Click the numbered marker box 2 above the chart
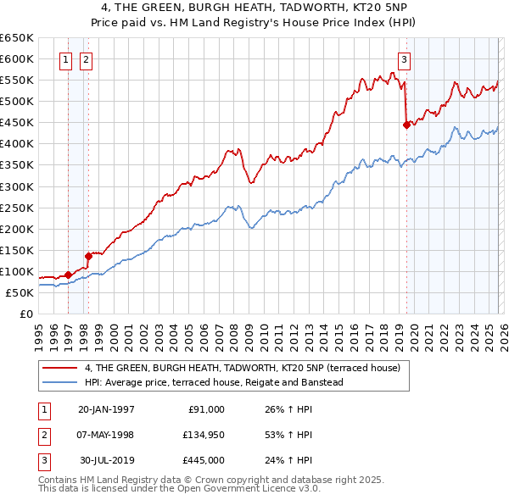coord(87,59)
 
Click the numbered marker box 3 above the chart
coord(405,59)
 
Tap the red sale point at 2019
coord(406,125)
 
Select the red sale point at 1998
coord(87,256)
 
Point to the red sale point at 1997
coord(68,275)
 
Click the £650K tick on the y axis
coord(16,38)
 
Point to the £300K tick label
coord(16,186)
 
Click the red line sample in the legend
coord(60,368)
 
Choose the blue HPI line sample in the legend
coord(60,383)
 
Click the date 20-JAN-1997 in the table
coord(106,409)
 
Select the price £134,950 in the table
coord(202,435)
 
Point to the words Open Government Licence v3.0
coord(255,488)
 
